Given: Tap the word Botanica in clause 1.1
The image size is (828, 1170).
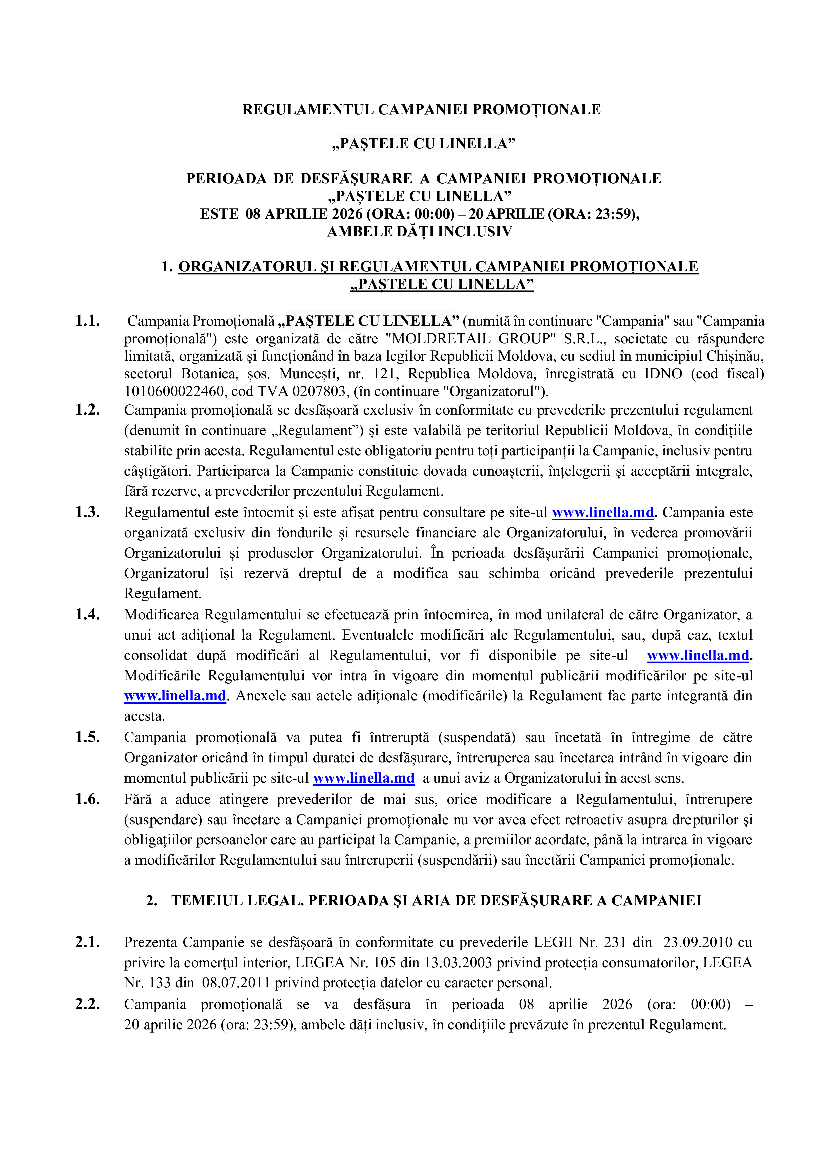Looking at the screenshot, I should coord(207,374).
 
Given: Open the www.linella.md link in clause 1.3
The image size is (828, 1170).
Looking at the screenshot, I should coord(603,513).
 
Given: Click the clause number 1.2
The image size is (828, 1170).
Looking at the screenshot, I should coord(88,410).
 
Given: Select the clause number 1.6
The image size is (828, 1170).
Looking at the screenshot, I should coord(88,799).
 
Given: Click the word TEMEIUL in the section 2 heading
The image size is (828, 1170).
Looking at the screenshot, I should coord(207,901).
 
